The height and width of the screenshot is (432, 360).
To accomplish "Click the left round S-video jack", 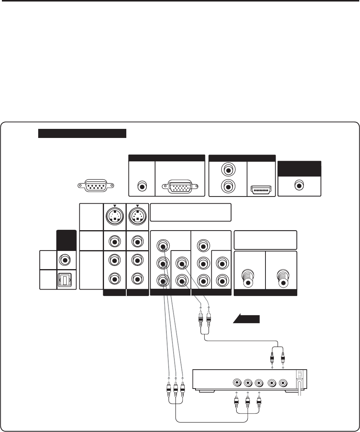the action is click(115, 217).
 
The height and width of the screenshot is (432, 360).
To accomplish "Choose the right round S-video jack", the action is click(137, 217).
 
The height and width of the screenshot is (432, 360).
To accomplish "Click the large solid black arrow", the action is click(246, 319).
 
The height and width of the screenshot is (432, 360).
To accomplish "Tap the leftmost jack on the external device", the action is click(237, 383).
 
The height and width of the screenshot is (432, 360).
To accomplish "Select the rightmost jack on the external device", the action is click(283, 383).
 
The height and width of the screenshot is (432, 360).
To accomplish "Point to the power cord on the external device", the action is click(299, 389).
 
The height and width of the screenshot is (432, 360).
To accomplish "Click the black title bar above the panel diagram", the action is click(82, 133).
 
